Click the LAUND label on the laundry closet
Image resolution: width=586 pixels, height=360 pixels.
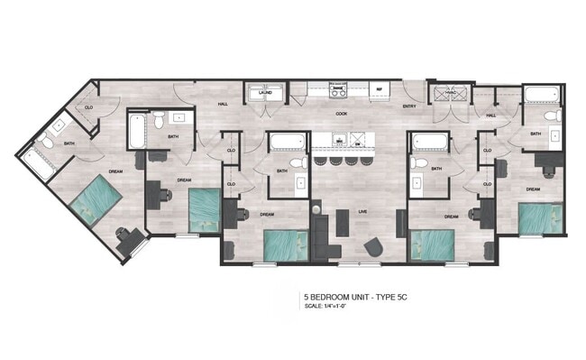tap(265, 92)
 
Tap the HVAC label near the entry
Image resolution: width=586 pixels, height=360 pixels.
tap(444, 93)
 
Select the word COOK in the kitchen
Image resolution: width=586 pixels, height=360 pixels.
tap(342, 114)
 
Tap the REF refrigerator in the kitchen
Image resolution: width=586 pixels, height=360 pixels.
tap(380, 89)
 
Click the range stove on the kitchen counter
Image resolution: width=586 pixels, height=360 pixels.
tap(339, 90)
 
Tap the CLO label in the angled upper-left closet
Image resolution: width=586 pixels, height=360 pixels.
tap(88, 107)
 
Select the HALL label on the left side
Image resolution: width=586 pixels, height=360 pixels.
tap(223, 105)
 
